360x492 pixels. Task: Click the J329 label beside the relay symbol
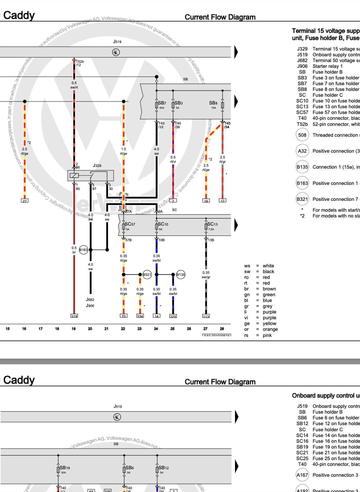[97, 166]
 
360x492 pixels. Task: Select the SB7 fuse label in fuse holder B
[162, 103]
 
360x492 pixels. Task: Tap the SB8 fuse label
[213, 103]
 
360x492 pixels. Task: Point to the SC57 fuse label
[130, 224]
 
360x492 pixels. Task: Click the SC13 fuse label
[212, 224]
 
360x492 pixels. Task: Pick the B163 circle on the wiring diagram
[84, 250]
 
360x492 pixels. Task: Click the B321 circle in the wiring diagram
[147, 275]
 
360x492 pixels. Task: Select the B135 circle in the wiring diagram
[181, 275]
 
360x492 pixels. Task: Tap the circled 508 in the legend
[302, 135]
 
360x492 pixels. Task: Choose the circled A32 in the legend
[302, 151]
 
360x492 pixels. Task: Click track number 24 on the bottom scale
[156, 329]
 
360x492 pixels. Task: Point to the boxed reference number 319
[74, 316]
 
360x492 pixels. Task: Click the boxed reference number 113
[206, 316]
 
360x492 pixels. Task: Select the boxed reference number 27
[24, 201]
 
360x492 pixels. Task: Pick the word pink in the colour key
[267, 335]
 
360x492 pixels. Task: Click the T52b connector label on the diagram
[80, 62]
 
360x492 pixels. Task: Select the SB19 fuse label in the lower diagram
[65, 468]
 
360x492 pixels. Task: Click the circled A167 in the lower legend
[302, 475]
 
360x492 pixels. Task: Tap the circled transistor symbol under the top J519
[116, 52]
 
